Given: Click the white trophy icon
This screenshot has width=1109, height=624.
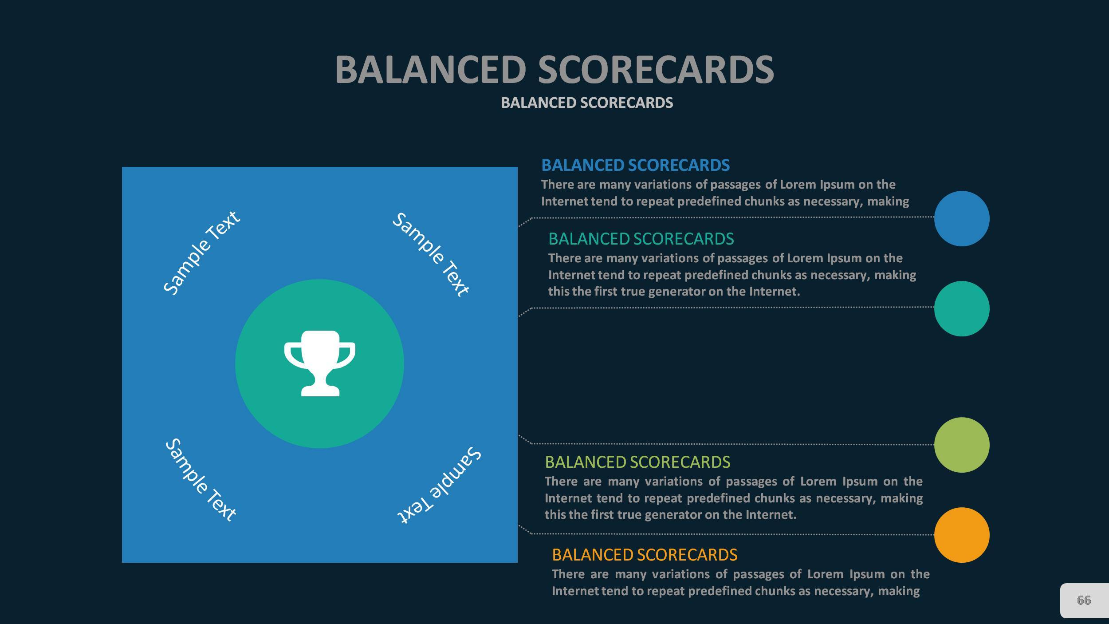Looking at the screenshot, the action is pyautogui.click(x=320, y=363).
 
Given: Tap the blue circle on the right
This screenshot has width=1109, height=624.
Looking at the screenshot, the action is pyautogui.click(x=962, y=218).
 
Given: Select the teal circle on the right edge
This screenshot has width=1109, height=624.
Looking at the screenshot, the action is pyautogui.click(x=962, y=308).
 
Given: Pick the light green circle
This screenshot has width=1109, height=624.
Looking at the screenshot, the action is pyautogui.click(x=962, y=445).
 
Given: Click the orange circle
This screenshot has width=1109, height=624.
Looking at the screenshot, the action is pyautogui.click(x=962, y=535).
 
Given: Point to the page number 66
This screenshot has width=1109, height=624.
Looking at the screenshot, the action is pyautogui.click(x=1084, y=600).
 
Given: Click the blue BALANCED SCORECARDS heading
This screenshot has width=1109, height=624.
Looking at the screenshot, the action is pyautogui.click(x=635, y=165).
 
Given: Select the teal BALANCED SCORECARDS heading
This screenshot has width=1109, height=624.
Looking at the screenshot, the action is pyautogui.click(x=641, y=239).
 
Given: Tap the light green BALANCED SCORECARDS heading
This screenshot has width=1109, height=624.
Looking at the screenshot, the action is pyautogui.click(x=637, y=462).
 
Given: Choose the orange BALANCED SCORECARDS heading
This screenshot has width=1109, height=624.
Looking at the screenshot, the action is pyautogui.click(x=645, y=555).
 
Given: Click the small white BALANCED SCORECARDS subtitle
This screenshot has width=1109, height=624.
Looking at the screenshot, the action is pyautogui.click(x=587, y=103).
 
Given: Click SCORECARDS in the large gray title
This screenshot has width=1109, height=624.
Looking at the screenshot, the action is pyautogui.click(x=656, y=70).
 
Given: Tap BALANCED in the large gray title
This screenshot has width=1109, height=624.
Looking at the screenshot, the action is pyautogui.click(x=430, y=70).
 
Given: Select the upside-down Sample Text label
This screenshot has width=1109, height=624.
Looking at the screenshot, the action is pyautogui.click(x=439, y=486).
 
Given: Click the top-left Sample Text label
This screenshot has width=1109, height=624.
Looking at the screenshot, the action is pyautogui.click(x=201, y=253).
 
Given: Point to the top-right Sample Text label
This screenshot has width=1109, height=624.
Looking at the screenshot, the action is pyautogui.click(x=430, y=254).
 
